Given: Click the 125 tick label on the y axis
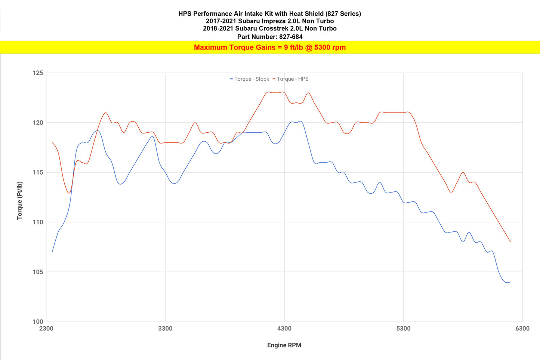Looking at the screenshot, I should (38, 73).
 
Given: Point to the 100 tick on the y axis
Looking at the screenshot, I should (38, 321).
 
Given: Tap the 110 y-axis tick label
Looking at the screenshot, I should (38, 222).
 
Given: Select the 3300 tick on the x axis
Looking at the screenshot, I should (165, 329).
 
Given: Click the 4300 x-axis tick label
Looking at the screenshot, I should (284, 329).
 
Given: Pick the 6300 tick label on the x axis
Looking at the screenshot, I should (522, 329).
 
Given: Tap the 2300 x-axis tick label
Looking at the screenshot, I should (46, 329).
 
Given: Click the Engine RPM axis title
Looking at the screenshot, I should (284, 345).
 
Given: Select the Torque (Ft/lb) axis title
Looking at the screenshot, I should (20, 200).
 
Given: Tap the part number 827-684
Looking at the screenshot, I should (291, 37).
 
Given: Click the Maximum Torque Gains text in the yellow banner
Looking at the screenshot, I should (269, 47).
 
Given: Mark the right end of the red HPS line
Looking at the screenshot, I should (510, 242).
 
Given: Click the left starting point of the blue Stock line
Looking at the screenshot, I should (52, 252).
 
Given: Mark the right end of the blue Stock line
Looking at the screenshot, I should (510, 282).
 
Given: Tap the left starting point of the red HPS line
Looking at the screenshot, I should (52, 142).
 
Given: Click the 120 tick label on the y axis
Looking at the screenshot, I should (38, 123).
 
